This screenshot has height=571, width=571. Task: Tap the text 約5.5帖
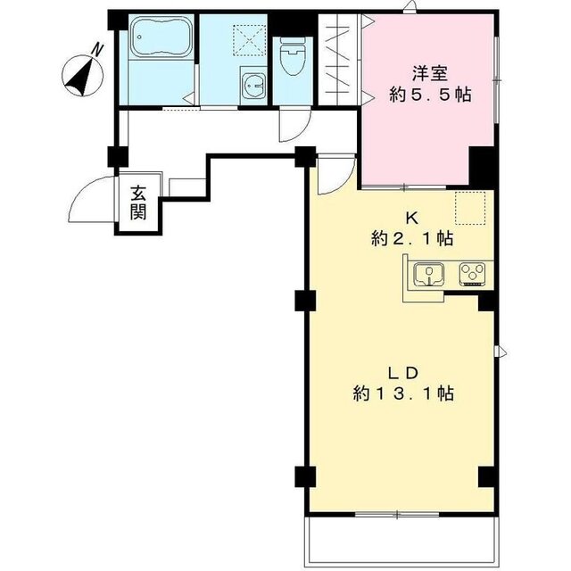pyautogui.click(x=431, y=95)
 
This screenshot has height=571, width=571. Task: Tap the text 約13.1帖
pyautogui.click(x=402, y=393)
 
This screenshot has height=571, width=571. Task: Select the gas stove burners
pyautogui.click(x=471, y=272)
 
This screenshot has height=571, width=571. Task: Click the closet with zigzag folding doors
pyautogui.click(x=340, y=62)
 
